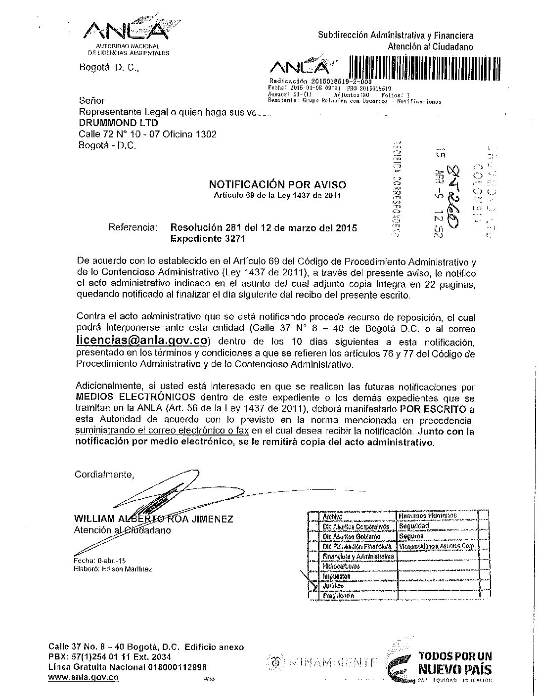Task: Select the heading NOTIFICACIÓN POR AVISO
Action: (277, 185)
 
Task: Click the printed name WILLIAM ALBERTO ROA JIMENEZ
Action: (153, 519)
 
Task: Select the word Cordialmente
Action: (104, 475)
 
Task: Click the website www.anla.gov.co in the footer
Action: (83, 678)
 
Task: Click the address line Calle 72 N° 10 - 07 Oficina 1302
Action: (147, 134)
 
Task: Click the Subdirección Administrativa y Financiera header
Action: (395, 35)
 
